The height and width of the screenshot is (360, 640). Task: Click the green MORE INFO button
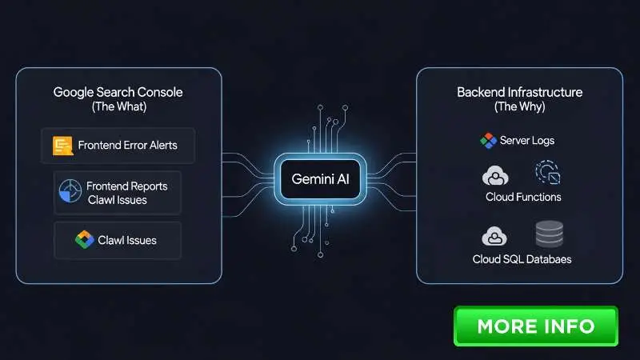(535, 326)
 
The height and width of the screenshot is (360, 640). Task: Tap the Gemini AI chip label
(321, 178)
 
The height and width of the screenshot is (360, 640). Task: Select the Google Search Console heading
(118, 92)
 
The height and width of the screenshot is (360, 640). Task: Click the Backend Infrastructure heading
(519, 92)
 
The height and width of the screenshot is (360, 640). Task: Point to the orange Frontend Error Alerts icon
(63, 146)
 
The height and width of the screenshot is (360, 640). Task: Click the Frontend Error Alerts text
(128, 146)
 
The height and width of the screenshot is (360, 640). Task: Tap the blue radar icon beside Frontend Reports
(70, 191)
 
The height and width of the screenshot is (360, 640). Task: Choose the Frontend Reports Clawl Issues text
(127, 193)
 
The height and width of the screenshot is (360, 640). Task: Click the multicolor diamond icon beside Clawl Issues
(85, 239)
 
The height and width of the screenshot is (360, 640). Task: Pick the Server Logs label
(527, 141)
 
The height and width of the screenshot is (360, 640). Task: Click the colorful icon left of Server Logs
(488, 141)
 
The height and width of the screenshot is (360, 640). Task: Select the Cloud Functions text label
(523, 197)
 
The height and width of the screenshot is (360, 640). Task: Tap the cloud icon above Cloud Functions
(495, 175)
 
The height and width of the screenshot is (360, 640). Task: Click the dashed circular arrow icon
(548, 172)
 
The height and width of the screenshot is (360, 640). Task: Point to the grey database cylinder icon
(550, 234)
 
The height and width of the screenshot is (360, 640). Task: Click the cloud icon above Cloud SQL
(494, 236)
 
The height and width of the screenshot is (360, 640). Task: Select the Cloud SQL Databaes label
(522, 259)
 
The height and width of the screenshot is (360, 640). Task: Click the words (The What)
(119, 107)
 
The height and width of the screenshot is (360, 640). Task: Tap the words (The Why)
(519, 107)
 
